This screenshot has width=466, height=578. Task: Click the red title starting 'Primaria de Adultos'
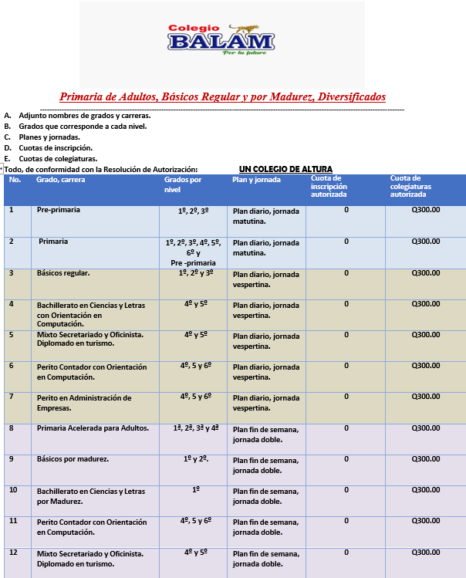click(x=222, y=97)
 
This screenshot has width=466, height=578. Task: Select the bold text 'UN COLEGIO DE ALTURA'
click(x=285, y=169)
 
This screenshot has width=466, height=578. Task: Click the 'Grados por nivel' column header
click(x=183, y=184)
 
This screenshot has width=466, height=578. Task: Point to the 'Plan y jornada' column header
click(x=257, y=180)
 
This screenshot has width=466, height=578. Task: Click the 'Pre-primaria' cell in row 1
click(x=59, y=210)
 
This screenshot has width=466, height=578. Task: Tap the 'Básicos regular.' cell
click(x=63, y=273)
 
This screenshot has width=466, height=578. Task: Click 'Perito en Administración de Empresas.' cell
click(x=84, y=403)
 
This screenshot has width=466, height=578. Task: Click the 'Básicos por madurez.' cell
click(x=73, y=459)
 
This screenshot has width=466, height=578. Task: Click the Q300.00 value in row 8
click(x=426, y=428)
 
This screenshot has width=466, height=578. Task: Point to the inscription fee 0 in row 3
click(x=346, y=272)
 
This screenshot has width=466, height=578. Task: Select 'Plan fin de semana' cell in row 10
click(x=265, y=495)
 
